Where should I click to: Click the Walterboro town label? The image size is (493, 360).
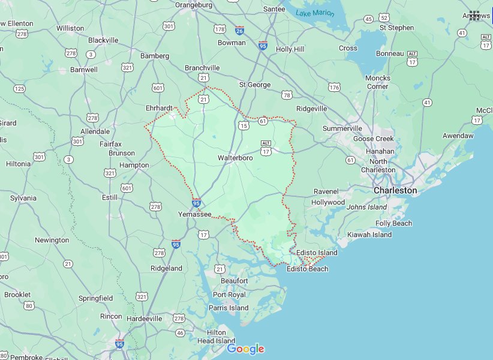[235, 158]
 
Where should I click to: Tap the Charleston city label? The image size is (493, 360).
[395, 190]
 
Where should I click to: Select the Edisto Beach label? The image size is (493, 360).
[308, 269]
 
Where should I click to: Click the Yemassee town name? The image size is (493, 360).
[195, 214]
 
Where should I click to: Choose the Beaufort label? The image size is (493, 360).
[234, 281]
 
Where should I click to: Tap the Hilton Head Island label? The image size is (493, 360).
[217, 337]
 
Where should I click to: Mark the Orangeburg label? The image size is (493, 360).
[194, 5]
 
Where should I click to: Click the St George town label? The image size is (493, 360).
[255, 85]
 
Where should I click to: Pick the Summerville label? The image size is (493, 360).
[342, 128]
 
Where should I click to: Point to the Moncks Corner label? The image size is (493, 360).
[378, 82]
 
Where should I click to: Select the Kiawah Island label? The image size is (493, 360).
[369, 235]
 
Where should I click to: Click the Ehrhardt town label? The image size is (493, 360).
[159, 108]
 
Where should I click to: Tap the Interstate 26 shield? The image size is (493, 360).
[239, 30]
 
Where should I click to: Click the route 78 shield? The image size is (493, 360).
[287, 95]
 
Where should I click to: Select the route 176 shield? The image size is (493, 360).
[333, 88]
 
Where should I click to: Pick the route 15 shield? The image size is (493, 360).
[243, 125]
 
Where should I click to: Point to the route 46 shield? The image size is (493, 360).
[180, 332]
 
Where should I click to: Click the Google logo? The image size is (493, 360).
[245, 349]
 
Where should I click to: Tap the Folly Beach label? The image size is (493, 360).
[393, 223]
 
